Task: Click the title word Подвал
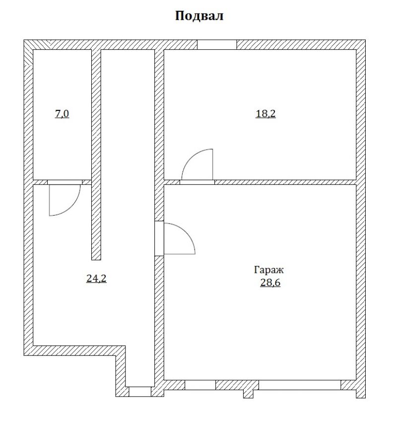199,16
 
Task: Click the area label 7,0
62,114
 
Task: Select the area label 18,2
265,114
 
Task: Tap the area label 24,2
96,278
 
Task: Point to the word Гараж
269,270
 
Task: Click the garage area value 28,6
270,283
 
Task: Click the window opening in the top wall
217,45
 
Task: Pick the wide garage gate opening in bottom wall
300,385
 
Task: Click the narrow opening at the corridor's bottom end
140,392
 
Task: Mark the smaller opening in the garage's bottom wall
200,385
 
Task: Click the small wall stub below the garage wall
249,394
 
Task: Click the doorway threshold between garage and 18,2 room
197,182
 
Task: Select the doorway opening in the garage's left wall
159,239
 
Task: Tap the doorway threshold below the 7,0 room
65,182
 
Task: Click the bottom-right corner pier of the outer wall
361,389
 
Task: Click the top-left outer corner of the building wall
24,40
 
